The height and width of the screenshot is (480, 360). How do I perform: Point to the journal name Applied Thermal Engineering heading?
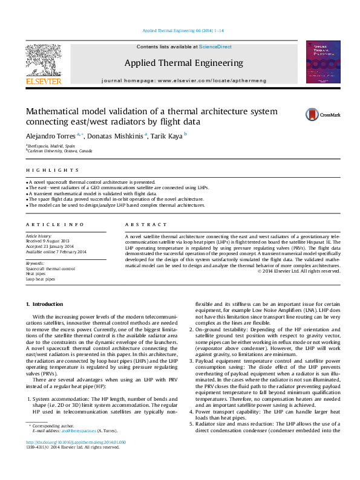pos(183,63)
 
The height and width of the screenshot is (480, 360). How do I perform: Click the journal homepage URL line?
pos(183,80)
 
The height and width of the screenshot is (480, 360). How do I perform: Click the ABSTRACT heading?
pos(139,224)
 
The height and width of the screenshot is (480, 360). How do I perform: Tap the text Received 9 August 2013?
pos(48,241)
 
